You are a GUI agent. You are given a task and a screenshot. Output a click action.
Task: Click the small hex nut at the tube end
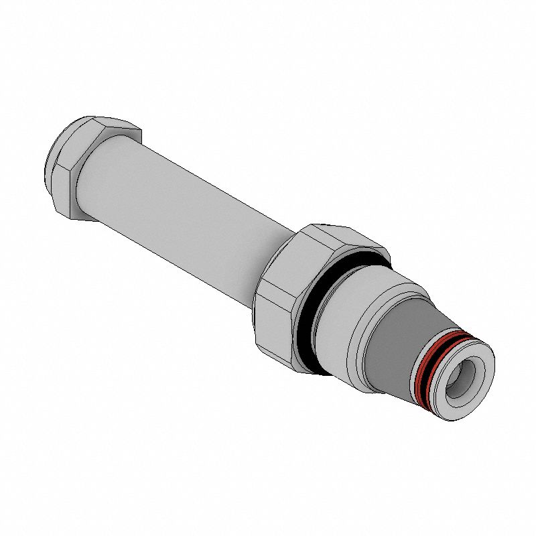coord(80,167)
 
